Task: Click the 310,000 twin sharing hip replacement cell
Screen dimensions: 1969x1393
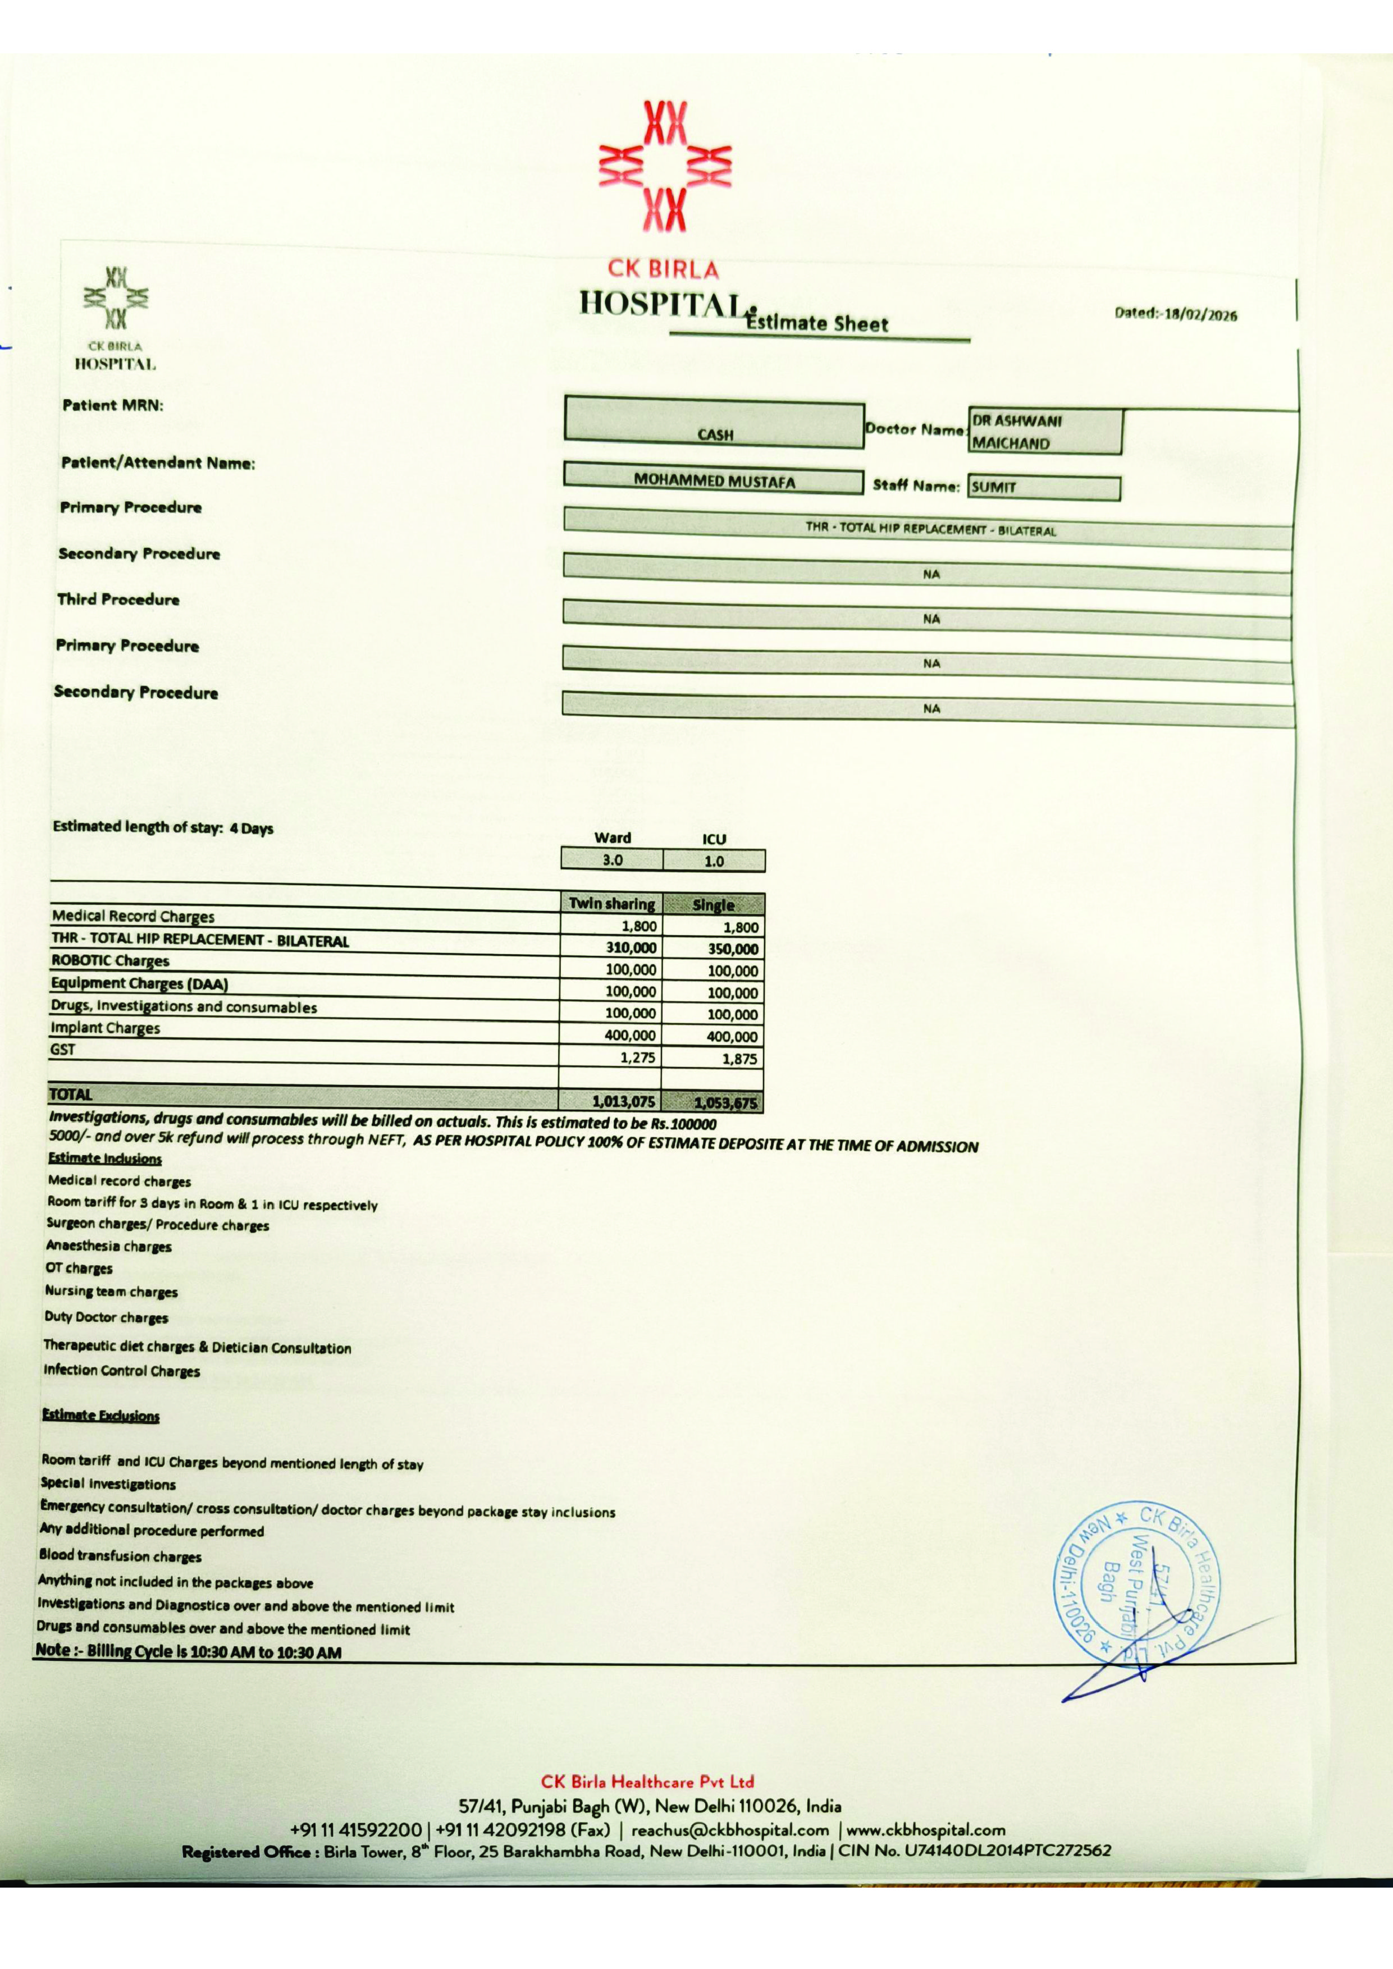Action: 631,947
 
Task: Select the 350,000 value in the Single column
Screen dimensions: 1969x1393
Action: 733,949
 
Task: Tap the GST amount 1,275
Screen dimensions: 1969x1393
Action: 637,1057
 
